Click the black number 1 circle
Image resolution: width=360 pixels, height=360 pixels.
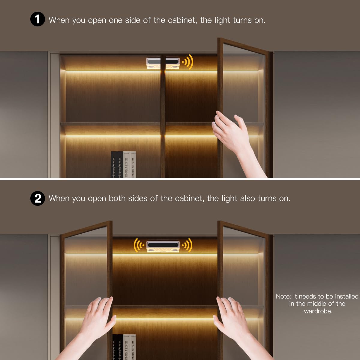pos(37,19)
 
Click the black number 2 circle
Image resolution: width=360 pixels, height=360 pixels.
pos(37,198)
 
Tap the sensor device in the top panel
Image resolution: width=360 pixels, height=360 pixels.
pos(163,63)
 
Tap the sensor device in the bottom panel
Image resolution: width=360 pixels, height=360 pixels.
pos(163,246)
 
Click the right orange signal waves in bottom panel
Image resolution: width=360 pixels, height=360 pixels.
pos(188,245)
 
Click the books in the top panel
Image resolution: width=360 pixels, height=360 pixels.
pos(123,165)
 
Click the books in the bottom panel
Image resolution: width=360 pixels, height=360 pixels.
pos(124,347)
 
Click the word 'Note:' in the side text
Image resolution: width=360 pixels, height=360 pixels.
pos(283,296)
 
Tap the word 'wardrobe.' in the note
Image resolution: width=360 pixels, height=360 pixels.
pos(318,311)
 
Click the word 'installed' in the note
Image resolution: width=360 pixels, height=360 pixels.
pos(346,296)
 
